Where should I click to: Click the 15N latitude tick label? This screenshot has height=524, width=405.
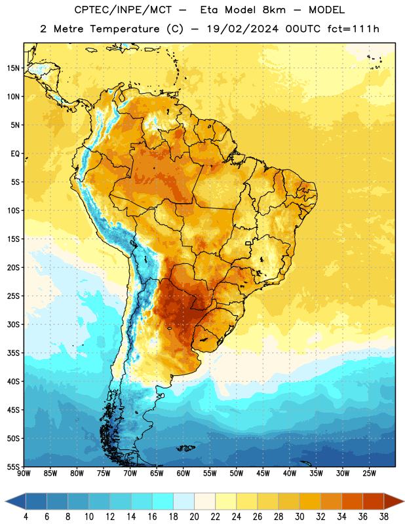(13, 68)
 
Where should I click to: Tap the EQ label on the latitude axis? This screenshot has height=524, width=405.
(15, 154)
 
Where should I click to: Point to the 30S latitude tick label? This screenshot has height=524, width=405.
(13, 324)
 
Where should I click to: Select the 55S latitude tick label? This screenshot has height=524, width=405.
(13, 466)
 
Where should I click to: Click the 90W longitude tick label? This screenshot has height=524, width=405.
(24, 474)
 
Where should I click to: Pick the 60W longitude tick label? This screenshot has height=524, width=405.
(183, 474)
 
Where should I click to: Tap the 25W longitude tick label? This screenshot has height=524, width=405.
(369, 474)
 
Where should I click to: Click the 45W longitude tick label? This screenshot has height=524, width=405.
(263, 474)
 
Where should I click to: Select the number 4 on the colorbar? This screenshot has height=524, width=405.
(26, 517)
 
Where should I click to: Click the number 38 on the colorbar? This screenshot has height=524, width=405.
(384, 517)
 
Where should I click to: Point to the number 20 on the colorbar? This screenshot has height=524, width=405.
(194, 517)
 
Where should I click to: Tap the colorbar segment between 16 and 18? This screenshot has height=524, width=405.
(163, 502)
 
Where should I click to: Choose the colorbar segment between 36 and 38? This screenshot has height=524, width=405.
(374, 502)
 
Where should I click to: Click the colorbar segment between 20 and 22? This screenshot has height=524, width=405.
(204, 502)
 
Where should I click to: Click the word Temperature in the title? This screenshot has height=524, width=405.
(125, 29)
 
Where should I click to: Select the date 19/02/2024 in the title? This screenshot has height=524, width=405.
(242, 29)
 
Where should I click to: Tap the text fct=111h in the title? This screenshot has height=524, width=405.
(353, 29)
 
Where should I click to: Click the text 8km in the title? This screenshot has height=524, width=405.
(274, 10)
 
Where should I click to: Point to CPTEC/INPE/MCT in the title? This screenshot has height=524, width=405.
(123, 10)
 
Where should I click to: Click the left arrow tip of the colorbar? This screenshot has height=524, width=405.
(5, 502)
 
